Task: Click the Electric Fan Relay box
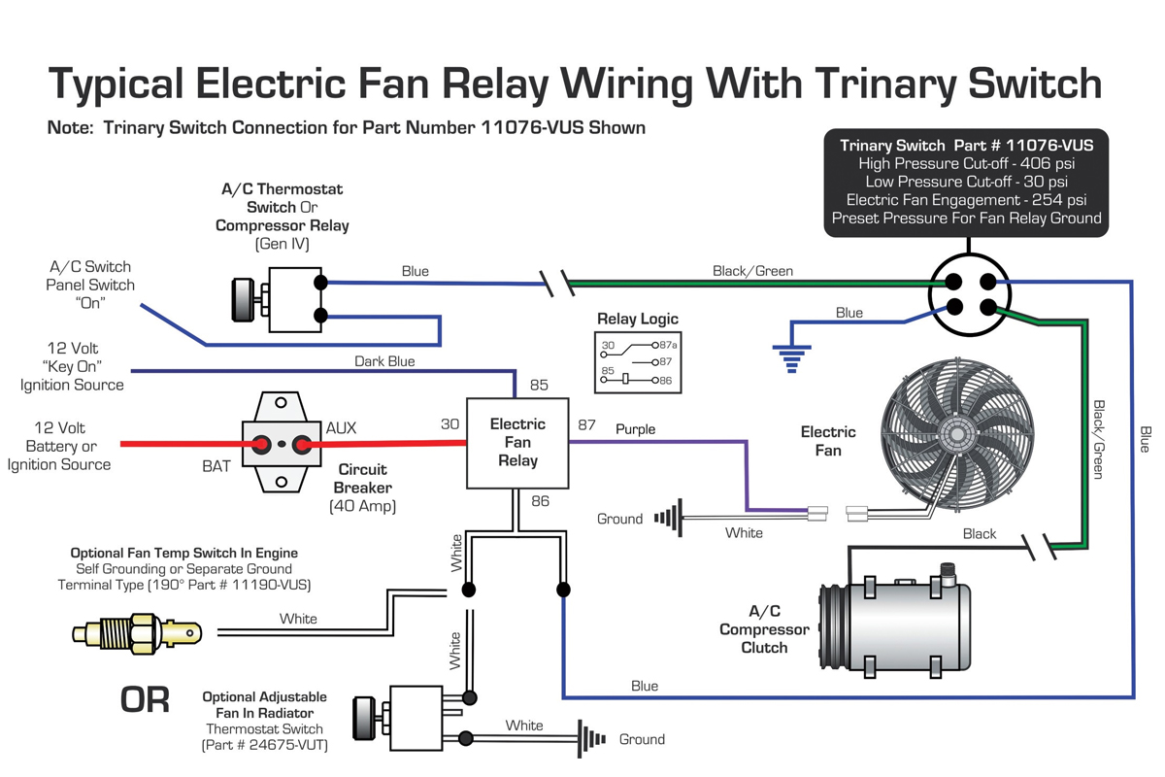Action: point(517,443)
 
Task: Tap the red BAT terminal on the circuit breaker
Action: point(262,445)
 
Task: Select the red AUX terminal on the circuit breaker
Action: point(302,445)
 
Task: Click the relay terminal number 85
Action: point(539,386)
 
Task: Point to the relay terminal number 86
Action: point(540,501)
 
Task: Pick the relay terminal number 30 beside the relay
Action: point(449,424)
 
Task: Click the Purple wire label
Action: point(635,429)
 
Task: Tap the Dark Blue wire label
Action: point(384,361)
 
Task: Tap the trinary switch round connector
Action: point(970,294)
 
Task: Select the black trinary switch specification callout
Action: point(966,182)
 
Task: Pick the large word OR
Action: point(145,699)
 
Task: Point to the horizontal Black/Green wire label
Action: point(752,271)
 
